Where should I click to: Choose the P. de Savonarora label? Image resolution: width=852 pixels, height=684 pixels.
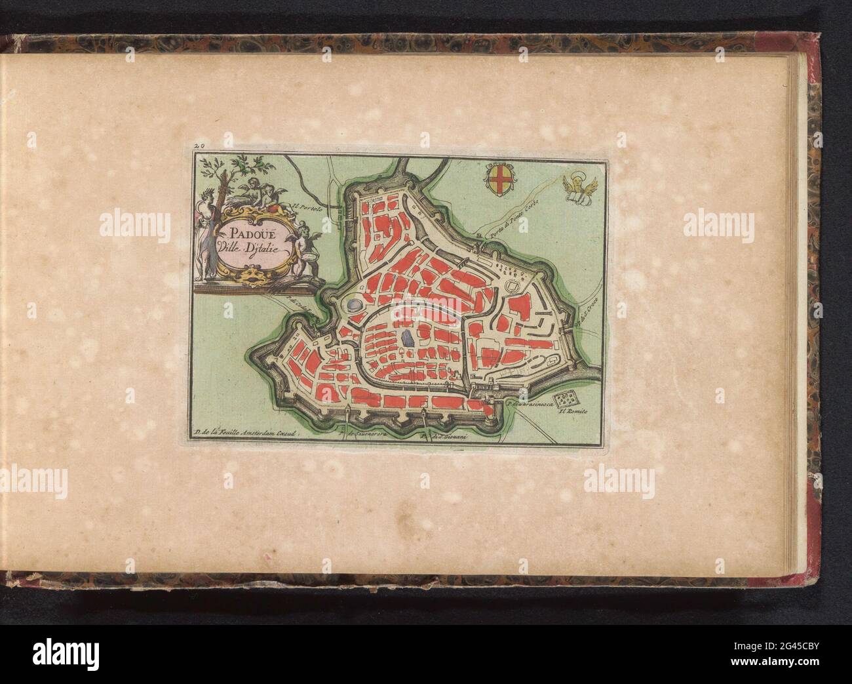coord(363,434)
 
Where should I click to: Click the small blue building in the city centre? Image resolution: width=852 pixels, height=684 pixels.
coord(407,338)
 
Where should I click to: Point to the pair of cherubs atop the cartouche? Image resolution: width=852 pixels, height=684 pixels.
coord(258,192)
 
